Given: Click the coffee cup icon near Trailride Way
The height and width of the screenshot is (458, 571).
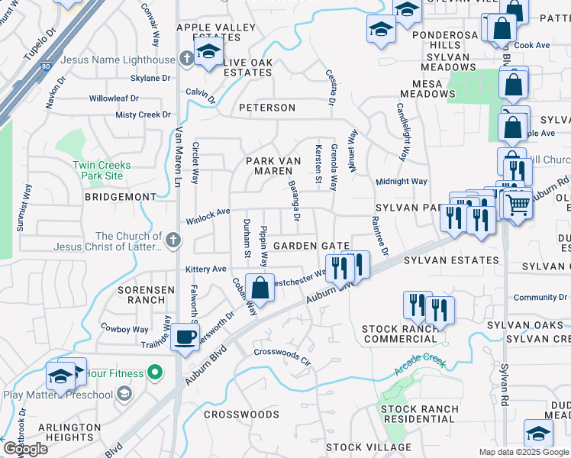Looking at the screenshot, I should [185, 336].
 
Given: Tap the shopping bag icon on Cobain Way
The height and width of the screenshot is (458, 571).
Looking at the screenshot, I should [260, 288].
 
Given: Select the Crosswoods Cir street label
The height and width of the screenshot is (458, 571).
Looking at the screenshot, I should [282, 353].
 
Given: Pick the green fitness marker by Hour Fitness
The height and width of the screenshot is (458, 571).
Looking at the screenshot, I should [156, 373].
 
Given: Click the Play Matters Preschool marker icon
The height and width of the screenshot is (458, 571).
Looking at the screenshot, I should [124, 394].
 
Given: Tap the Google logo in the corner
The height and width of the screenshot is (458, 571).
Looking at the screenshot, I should [25, 449].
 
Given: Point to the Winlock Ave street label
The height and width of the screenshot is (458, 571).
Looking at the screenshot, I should [208, 221].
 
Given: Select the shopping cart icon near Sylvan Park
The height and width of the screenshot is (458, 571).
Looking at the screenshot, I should [518, 204].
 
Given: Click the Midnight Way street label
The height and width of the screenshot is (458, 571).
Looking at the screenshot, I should [401, 182].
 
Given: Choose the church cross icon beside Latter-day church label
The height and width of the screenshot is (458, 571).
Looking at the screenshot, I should [173, 241].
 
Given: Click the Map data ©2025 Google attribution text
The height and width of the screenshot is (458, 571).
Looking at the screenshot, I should [524, 452].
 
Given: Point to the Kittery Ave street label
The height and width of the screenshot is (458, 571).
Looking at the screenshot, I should [206, 269].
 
